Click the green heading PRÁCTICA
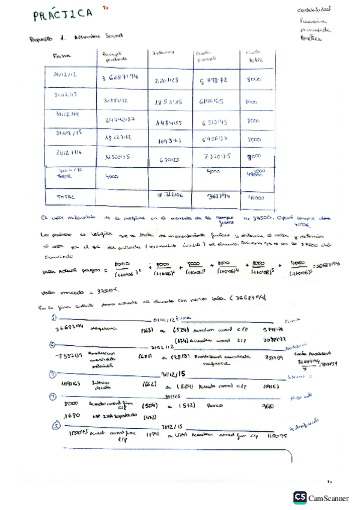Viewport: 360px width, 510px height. pos(63,14)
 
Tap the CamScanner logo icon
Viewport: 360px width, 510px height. pos(299,497)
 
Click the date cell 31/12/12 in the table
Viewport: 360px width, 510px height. pos(66,75)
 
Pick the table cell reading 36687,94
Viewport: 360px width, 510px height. pos(120,78)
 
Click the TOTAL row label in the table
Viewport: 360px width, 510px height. pos(65,197)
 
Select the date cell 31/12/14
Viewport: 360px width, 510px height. pos(66,114)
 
